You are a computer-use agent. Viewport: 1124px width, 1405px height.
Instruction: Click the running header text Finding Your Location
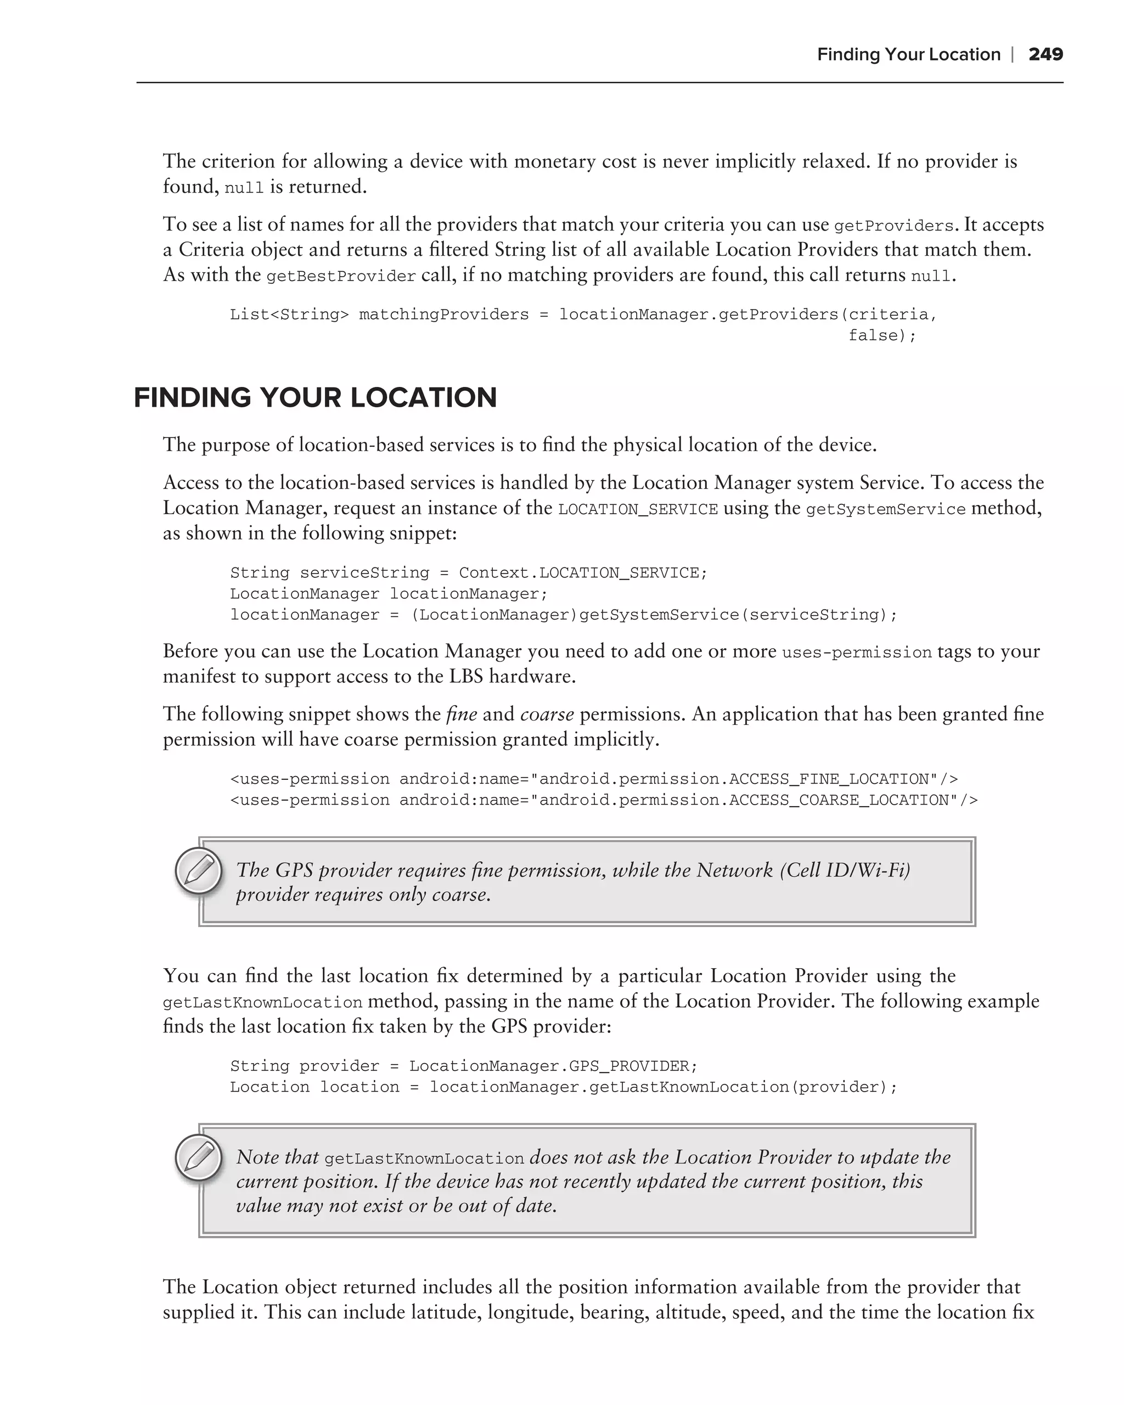point(908,54)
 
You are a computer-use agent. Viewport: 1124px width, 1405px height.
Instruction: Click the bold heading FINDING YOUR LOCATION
point(316,397)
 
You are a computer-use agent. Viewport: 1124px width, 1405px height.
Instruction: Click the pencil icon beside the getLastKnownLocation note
point(199,1158)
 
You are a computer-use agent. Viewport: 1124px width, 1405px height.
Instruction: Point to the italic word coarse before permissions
point(547,714)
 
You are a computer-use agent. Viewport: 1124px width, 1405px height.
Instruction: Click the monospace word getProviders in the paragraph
point(893,226)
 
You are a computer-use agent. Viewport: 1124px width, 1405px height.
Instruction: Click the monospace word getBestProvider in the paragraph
point(341,276)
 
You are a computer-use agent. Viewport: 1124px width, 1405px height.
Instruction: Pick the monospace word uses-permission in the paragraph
point(856,653)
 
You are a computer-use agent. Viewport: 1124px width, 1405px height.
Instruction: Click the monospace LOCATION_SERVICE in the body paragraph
point(638,509)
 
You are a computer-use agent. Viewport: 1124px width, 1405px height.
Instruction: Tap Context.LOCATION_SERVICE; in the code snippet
point(582,572)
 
